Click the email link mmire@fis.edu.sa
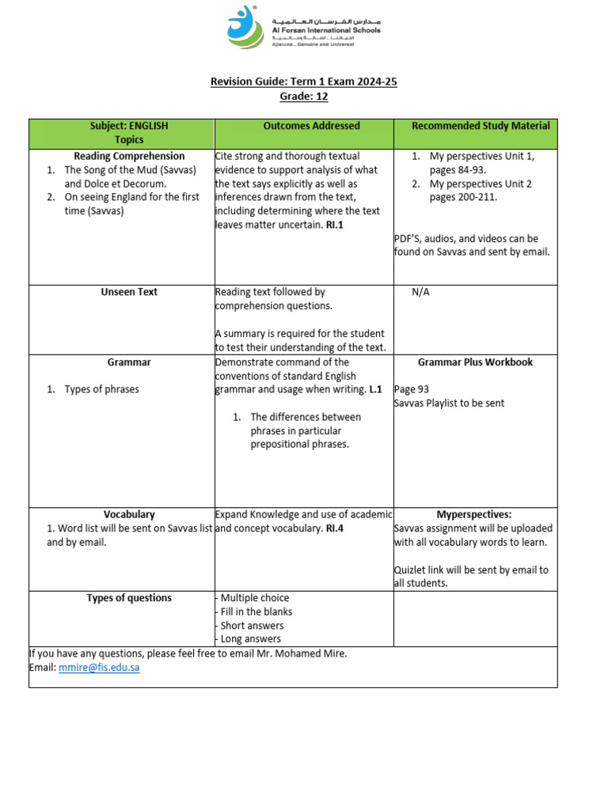pos(99,668)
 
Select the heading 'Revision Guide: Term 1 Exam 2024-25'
pos(303,81)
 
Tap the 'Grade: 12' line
pos(303,97)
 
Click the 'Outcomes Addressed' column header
pos(311,126)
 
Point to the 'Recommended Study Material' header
pos(481,126)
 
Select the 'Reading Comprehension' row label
pos(129,157)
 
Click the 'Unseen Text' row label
pos(129,292)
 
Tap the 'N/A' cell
pos(420,292)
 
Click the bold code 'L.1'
pos(375,390)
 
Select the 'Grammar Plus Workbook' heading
pos(475,362)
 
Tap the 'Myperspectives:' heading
pos(474,514)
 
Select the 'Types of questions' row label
pos(129,598)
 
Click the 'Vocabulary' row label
pos(129,514)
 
